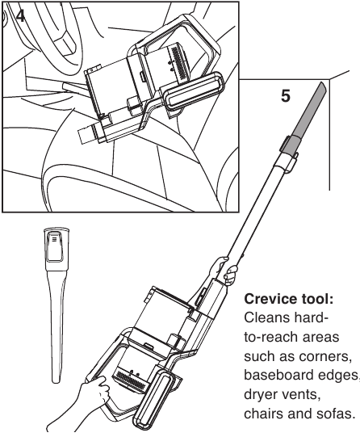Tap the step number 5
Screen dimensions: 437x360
pyautogui.click(x=285, y=95)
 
